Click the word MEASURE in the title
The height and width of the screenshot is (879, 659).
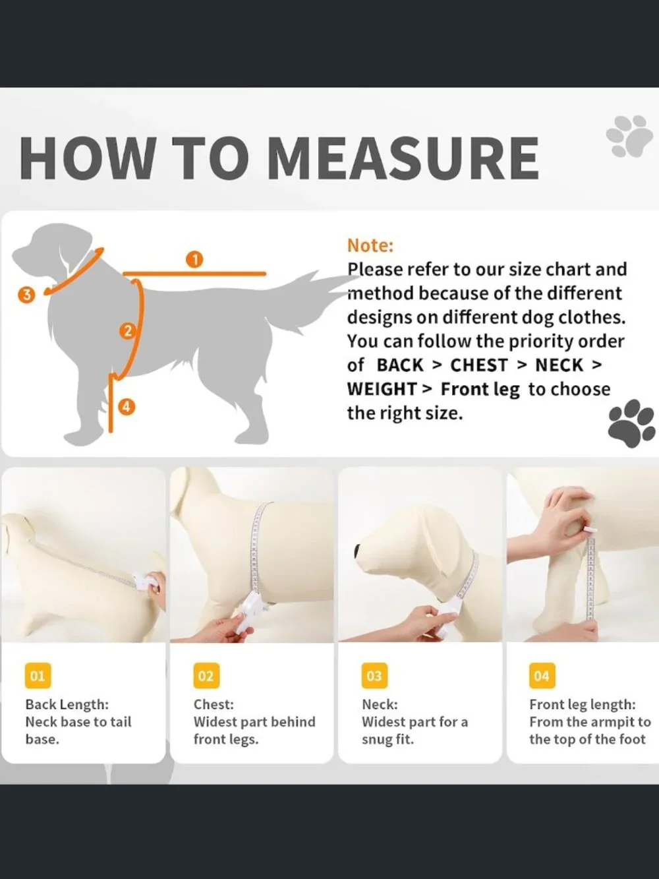[x=403, y=158]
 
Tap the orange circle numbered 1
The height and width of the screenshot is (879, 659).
[x=194, y=260]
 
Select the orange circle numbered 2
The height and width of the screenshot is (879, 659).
[x=128, y=331]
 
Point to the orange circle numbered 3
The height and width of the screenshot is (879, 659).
[x=26, y=295]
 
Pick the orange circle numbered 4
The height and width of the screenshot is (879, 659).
[x=127, y=408]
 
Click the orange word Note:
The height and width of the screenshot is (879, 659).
[x=370, y=245]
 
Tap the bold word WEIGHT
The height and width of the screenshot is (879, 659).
[x=382, y=389]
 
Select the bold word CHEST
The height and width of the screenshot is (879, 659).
[x=479, y=365]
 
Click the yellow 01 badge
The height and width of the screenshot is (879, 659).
[x=38, y=676]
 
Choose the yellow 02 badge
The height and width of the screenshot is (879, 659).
[x=206, y=676]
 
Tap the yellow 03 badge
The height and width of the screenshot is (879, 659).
[x=374, y=676]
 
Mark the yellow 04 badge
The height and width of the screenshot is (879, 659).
[x=542, y=676]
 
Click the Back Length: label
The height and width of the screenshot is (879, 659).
[x=67, y=704]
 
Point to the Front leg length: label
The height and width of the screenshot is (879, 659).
[x=582, y=704]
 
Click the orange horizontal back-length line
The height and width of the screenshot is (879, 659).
[x=194, y=274]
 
